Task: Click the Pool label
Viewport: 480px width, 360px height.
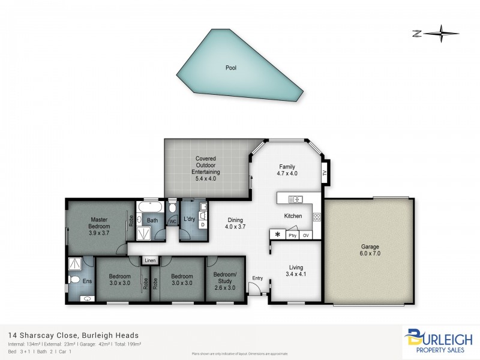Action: point(231,68)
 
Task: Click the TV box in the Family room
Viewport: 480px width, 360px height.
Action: point(325,173)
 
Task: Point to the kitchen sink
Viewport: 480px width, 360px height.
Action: point(295,199)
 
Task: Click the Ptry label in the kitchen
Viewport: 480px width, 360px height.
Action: point(292,236)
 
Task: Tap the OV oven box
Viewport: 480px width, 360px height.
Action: point(306,236)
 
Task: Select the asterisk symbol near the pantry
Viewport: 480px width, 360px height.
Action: point(278,235)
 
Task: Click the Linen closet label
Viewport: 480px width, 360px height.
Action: point(150,260)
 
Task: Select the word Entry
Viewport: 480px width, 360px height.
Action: point(257,278)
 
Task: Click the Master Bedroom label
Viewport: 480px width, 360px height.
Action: point(100,223)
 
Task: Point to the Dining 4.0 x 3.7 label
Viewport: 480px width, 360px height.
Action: point(235,223)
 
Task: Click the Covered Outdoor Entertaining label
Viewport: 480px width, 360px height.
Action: point(205,169)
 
